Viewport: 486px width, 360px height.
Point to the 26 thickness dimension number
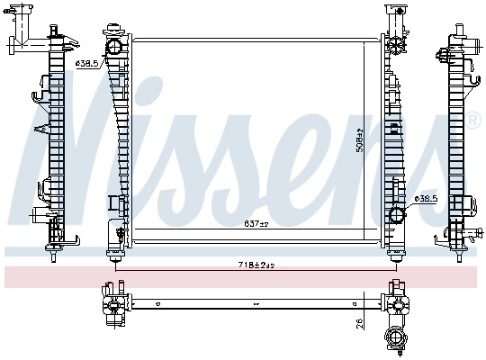(x=358, y=321)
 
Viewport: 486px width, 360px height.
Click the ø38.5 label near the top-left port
(x=86, y=63)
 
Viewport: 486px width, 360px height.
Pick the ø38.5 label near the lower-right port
(x=425, y=198)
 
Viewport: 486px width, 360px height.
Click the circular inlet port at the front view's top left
(x=114, y=46)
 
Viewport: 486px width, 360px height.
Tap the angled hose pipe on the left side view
(x=22, y=42)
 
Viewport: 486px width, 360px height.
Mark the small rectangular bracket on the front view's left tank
(x=113, y=205)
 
